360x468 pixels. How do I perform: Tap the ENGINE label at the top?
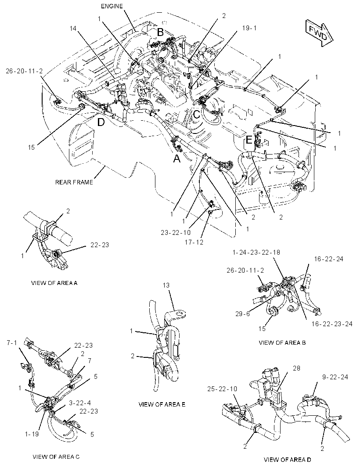(x=112, y=6)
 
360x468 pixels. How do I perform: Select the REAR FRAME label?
(x=74, y=182)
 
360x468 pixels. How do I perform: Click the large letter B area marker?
(x=160, y=32)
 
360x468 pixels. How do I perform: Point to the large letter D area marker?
(x=101, y=122)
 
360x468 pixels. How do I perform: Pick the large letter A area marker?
(x=177, y=159)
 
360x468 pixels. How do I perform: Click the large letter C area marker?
(x=196, y=114)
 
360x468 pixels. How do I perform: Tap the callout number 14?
(x=73, y=29)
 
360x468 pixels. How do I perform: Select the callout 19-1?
(x=249, y=28)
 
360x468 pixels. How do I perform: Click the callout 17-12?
(x=194, y=242)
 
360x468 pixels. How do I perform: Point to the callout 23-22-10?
(x=176, y=233)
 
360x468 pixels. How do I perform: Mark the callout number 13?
(x=166, y=285)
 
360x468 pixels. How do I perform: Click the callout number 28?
(x=296, y=368)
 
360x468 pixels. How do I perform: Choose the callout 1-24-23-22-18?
(x=256, y=252)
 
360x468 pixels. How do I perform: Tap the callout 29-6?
(x=242, y=314)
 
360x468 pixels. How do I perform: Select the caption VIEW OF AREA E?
(x=162, y=404)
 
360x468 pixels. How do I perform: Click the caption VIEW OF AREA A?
(x=54, y=283)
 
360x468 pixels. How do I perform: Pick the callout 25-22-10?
(x=223, y=389)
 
